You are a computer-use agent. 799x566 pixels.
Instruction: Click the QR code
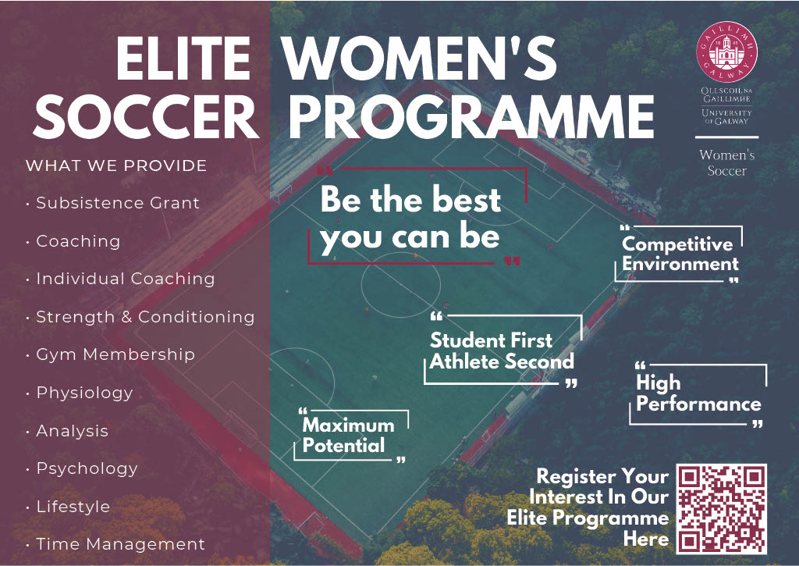tap(721, 509)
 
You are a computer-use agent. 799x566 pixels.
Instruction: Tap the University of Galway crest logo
tap(726, 52)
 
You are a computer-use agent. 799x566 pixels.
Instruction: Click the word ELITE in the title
tap(183, 59)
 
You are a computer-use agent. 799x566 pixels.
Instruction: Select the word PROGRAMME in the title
tap(471, 117)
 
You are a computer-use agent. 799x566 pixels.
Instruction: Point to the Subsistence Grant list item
tap(118, 203)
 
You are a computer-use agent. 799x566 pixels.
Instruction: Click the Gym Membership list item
tap(115, 355)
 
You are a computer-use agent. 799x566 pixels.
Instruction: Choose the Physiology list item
tap(84, 393)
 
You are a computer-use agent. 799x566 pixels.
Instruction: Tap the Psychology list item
tap(87, 469)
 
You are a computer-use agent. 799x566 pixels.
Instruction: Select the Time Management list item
tap(120, 545)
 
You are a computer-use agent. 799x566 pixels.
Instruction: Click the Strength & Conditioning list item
tap(145, 317)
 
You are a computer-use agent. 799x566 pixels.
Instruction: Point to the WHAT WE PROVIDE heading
tap(116, 166)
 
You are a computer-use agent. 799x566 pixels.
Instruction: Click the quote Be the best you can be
tap(410, 218)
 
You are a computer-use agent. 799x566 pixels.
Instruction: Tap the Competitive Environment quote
tap(680, 254)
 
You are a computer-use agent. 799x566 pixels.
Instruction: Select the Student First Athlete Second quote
tap(502, 351)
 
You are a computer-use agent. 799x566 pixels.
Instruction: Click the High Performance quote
tap(698, 393)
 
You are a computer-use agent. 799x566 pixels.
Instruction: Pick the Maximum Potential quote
tap(349, 435)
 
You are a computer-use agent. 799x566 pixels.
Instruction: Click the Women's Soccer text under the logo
tap(727, 162)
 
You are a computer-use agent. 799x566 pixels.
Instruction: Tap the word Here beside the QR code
tap(646, 539)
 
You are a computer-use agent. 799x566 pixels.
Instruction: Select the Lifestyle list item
tap(73, 507)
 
